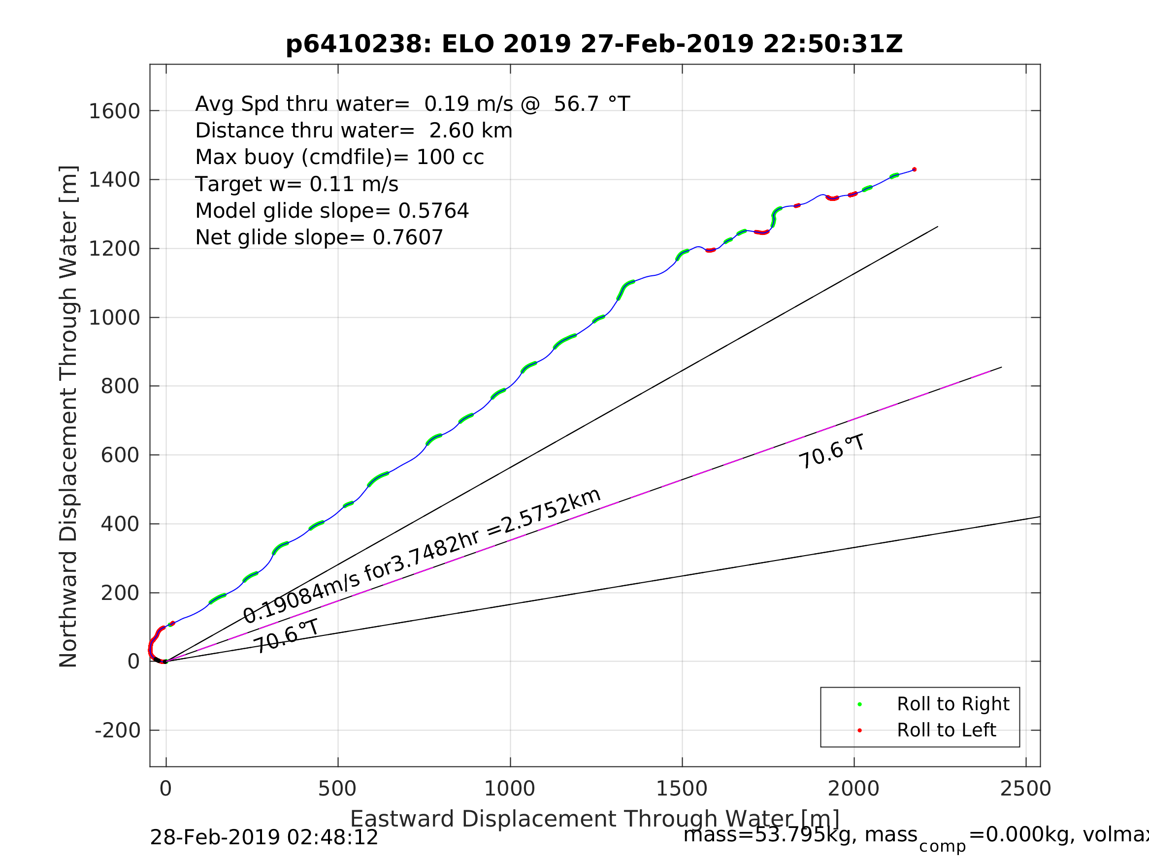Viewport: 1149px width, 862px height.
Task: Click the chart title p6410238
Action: [x=594, y=44]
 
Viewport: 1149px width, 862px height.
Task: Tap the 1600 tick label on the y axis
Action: [x=114, y=111]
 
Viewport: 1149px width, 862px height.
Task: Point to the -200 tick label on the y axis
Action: [x=117, y=731]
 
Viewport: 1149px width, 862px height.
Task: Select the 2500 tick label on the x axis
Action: [x=1025, y=789]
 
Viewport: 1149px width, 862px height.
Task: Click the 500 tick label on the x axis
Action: [x=337, y=789]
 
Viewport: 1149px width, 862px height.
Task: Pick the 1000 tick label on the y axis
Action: [x=114, y=318]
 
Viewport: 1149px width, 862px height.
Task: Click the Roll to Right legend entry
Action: [x=952, y=704]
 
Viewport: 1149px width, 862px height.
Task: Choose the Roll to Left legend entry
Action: [x=946, y=730]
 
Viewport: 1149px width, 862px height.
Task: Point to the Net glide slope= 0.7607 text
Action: [x=319, y=237]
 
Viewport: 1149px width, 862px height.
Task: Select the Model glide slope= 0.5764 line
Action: [x=332, y=211]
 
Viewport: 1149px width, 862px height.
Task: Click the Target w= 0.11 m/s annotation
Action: [x=296, y=184]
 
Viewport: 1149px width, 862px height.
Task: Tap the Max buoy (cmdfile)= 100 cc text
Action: [x=339, y=157]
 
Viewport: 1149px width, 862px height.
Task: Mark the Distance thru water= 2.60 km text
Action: [x=354, y=131]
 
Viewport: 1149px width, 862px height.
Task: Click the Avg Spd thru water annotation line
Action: [x=412, y=104]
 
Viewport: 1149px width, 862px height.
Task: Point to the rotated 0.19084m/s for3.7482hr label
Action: [x=422, y=556]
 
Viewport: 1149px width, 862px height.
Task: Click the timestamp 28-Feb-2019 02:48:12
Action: [x=264, y=837]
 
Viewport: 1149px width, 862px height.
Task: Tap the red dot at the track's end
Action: [x=914, y=169]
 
